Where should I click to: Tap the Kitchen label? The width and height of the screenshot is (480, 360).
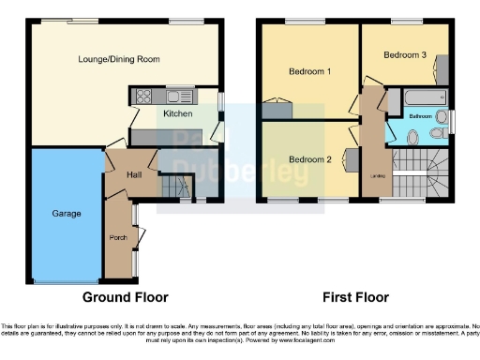178,113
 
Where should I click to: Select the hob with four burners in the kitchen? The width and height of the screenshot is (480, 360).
144,96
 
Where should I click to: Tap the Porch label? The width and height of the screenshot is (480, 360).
118,238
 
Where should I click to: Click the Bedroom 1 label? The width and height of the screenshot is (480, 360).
308,71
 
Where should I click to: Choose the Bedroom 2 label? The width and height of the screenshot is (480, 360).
308,159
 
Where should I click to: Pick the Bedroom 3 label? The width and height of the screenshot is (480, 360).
405,55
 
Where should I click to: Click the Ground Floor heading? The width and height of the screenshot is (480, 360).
126,297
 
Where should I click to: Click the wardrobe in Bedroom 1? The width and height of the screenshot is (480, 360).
278,111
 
